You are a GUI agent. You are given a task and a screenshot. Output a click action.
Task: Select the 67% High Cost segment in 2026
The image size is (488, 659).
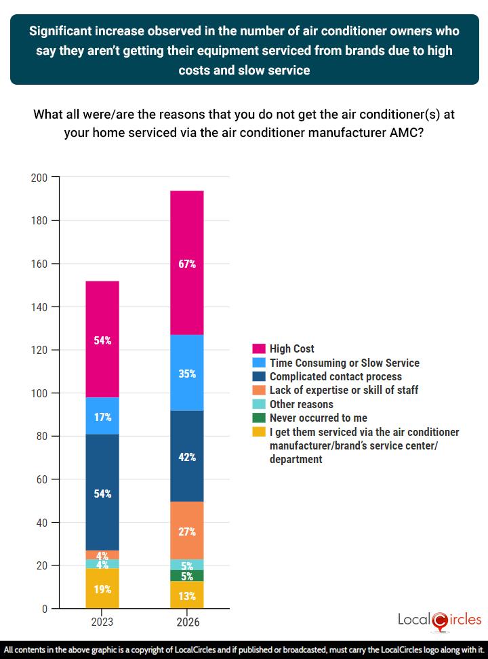tap(187, 263)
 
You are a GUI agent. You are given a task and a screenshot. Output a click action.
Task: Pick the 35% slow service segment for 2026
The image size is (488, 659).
tap(187, 373)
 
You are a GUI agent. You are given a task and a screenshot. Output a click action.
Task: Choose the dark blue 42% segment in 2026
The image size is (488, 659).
tap(187, 456)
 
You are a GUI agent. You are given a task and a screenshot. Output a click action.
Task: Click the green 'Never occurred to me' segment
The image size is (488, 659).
tap(187, 576)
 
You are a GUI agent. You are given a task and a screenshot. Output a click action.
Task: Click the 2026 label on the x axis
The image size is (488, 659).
tap(187, 622)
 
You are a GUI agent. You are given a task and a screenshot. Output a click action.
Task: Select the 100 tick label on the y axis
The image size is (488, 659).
tap(39, 393)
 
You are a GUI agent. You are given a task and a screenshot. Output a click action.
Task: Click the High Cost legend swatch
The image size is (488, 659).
tap(258, 349)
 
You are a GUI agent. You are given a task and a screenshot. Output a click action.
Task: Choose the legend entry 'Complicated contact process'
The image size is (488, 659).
tap(335, 376)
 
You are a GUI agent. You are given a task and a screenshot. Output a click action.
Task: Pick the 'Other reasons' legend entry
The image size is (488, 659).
tap(301, 404)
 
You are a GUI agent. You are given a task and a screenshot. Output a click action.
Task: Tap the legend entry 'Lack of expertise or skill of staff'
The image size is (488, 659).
tap(344, 390)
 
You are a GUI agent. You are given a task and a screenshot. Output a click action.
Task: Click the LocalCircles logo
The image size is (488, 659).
tap(440, 620)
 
